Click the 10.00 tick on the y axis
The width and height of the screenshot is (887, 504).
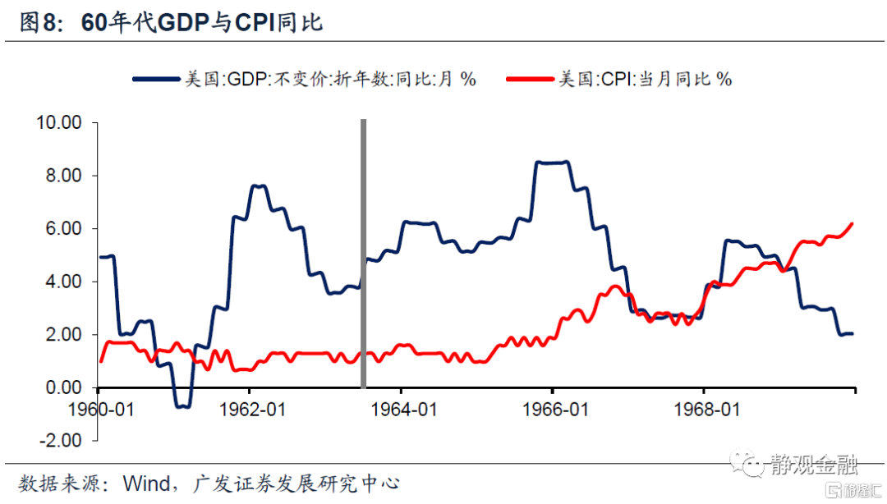click(x=58, y=123)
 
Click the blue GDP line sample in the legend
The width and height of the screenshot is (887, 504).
click(x=157, y=80)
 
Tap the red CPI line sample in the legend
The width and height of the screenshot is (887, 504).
click(x=531, y=80)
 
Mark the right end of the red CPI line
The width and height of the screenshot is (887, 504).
click(x=853, y=223)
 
